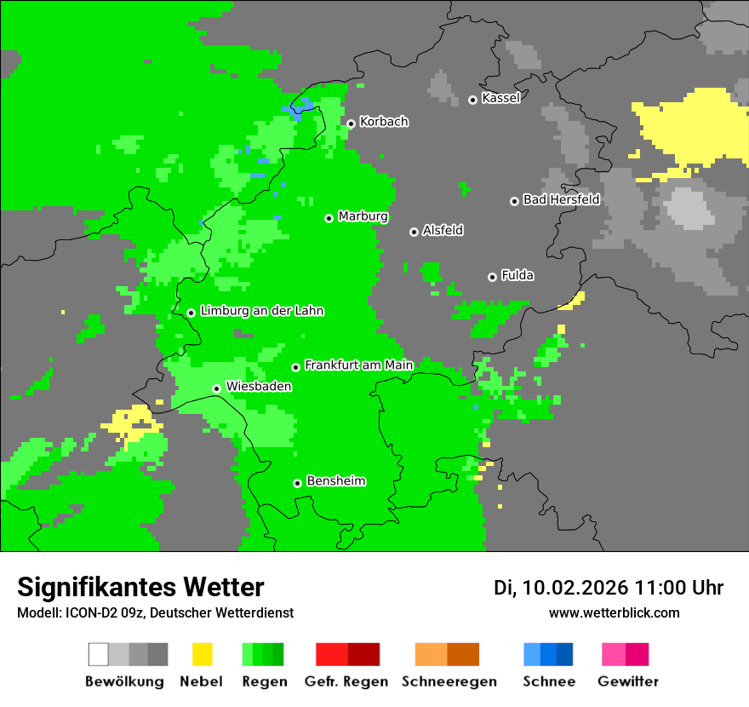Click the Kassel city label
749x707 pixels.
(x=500, y=98)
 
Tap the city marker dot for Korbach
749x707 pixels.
(x=351, y=124)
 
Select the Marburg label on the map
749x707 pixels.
(x=363, y=216)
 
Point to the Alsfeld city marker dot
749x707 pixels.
(x=414, y=232)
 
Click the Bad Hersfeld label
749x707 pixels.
(x=561, y=199)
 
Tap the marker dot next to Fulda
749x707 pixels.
(x=492, y=277)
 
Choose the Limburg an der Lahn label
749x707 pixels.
(x=261, y=311)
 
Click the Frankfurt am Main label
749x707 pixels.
(x=358, y=365)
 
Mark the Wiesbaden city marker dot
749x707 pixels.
(x=217, y=388)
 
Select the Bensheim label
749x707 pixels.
(x=335, y=481)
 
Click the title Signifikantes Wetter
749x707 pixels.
(x=140, y=588)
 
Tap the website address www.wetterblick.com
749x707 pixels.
(x=614, y=612)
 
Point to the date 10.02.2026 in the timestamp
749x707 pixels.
(x=575, y=588)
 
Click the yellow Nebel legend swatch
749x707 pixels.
(x=202, y=654)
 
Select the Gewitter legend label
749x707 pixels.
(x=627, y=681)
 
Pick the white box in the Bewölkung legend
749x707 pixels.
(x=99, y=654)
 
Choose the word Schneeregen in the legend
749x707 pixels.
(x=449, y=681)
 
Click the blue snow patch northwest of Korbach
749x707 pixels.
(x=300, y=107)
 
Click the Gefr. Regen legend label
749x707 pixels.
(x=346, y=681)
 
